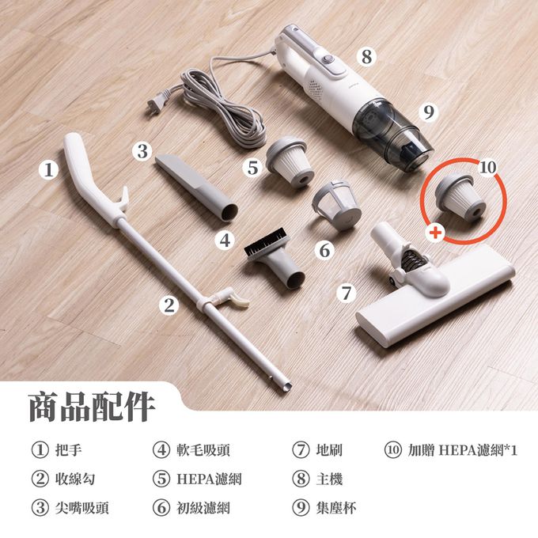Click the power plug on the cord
(x=157, y=101)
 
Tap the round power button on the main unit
(x=328, y=59)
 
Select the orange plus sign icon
(x=435, y=233)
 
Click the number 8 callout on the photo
(x=366, y=56)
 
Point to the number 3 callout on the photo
(x=142, y=151)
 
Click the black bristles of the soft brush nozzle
(x=266, y=242)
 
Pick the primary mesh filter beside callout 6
(x=337, y=204)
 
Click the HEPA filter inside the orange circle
(x=460, y=196)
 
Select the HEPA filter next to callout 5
(x=290, y=161)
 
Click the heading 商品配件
(x=91, y=407)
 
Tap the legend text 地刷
(x=329, y=450)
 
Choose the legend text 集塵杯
(x=336, y=508)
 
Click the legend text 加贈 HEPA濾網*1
(x=463, y=450)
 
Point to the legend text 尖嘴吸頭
(x=82, y=508)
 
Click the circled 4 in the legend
(x=161, y=450)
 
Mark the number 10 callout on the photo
(x=487, y=168)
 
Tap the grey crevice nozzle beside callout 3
(x=196, y=186)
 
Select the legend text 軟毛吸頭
(x=203, y=450)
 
